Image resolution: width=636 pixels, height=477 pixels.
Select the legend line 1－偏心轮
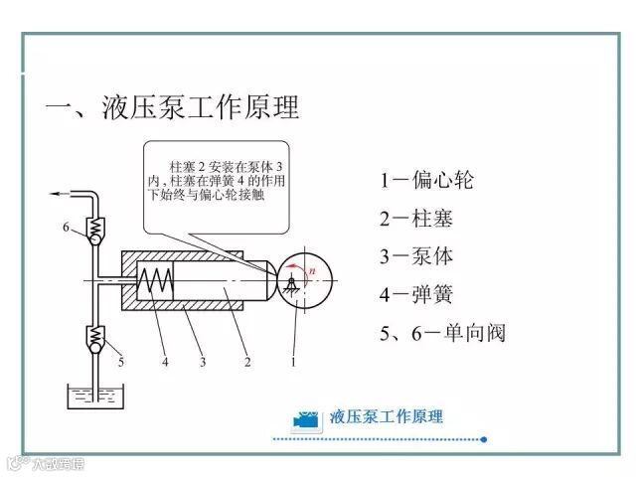pos(426,181)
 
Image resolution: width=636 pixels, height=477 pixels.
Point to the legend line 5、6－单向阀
pos(442,332)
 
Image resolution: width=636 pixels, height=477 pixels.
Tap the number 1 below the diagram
pos(293,363)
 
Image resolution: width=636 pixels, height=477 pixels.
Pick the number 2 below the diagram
pos(247,363)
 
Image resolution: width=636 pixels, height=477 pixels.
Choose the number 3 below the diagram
pos(202,363)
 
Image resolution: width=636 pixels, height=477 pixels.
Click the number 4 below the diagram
pos(166,363)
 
